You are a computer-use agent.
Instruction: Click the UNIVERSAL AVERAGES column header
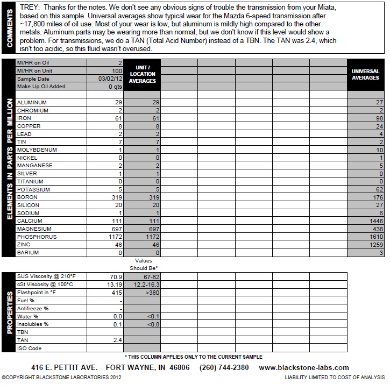click(x=365, y=74)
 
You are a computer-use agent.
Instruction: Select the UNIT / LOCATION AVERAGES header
click(x=143, y=74)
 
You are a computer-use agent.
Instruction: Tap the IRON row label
click(x=24, y=118)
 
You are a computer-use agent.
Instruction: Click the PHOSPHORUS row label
click(x=37, y=237)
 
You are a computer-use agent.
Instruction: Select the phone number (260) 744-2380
click(x=224, y=368)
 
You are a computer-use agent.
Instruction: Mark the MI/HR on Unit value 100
click(x=117, y=71)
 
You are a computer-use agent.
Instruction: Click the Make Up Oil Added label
click(x=41, y=87)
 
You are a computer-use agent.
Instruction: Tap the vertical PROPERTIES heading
click(x=8, y=312)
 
